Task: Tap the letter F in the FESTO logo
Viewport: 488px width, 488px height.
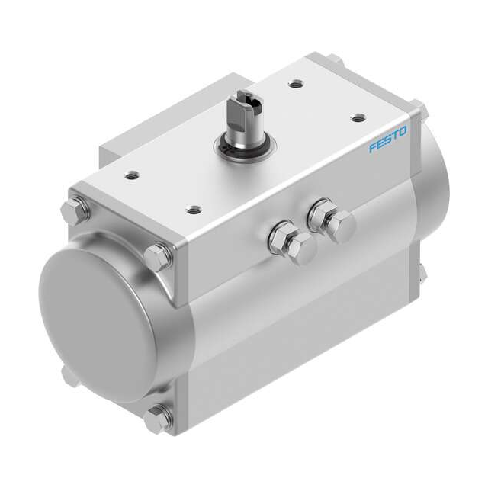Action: pyautogui.click(x=374, y=148)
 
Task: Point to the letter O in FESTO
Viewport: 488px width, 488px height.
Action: pyautogui.click(x=403, y=130)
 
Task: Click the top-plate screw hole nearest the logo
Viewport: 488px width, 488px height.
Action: pyautogui.click(x=357, y=117)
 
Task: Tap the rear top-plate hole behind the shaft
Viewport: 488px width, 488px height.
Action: pyautogui.click(x=295, y=86)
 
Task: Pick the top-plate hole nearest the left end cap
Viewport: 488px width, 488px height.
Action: pyautogui.click(x=134, y=175)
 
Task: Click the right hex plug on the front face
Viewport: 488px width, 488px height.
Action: pyautogui.click(x=330, y=220)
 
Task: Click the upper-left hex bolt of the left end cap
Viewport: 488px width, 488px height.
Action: pyautogui.click(x=77, y=207)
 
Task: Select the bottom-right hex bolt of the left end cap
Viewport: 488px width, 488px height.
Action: pyautogui.click(x=158, y=419)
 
